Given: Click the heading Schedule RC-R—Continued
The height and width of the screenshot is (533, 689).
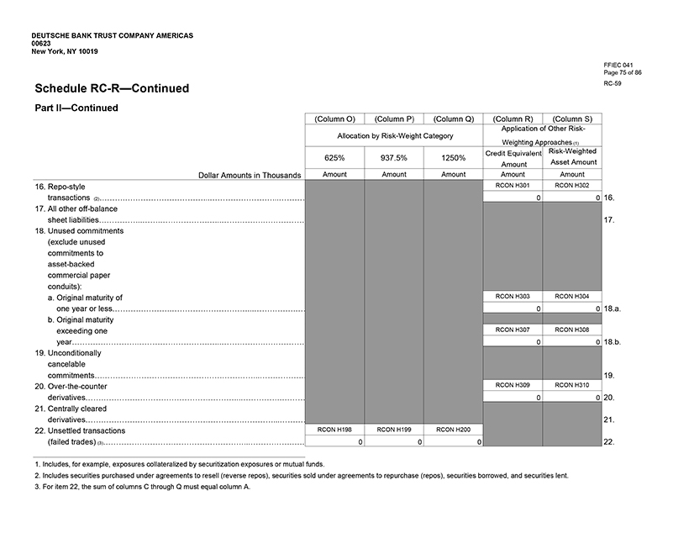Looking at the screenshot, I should pos(112,88).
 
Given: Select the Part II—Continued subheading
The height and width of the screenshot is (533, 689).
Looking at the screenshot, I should pos(76,108).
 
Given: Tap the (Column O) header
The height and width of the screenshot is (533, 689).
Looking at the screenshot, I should pos(334,119).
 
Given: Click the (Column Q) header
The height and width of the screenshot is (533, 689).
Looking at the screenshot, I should pos(453,119).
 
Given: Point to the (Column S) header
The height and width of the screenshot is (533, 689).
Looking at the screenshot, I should pos(571,119).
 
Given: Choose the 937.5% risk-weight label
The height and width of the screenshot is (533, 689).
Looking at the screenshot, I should pos(394,157).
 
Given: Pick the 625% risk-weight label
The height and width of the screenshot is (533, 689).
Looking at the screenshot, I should pos(334,157).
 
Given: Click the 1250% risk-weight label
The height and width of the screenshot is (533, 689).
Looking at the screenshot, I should pos(453,157).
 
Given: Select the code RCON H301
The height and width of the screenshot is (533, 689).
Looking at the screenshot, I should pos(513,185).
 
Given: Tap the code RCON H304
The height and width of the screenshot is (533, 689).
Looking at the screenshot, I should pos(571,296).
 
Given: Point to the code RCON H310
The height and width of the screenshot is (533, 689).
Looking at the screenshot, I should pos(571,384).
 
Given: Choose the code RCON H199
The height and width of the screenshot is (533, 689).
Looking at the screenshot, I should pos(394,429).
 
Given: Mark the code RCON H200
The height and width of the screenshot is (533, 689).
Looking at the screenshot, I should pos(453,429).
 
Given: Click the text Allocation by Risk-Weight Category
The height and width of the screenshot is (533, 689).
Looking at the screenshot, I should pos(394,135).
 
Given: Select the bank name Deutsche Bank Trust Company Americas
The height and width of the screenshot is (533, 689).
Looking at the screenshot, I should pos(112,35).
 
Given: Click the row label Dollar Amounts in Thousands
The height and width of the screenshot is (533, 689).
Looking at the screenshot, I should pos(249,175).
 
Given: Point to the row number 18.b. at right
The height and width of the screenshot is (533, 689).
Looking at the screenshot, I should pos(612,342).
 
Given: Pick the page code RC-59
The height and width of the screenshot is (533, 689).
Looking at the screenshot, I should pos(613,84).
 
